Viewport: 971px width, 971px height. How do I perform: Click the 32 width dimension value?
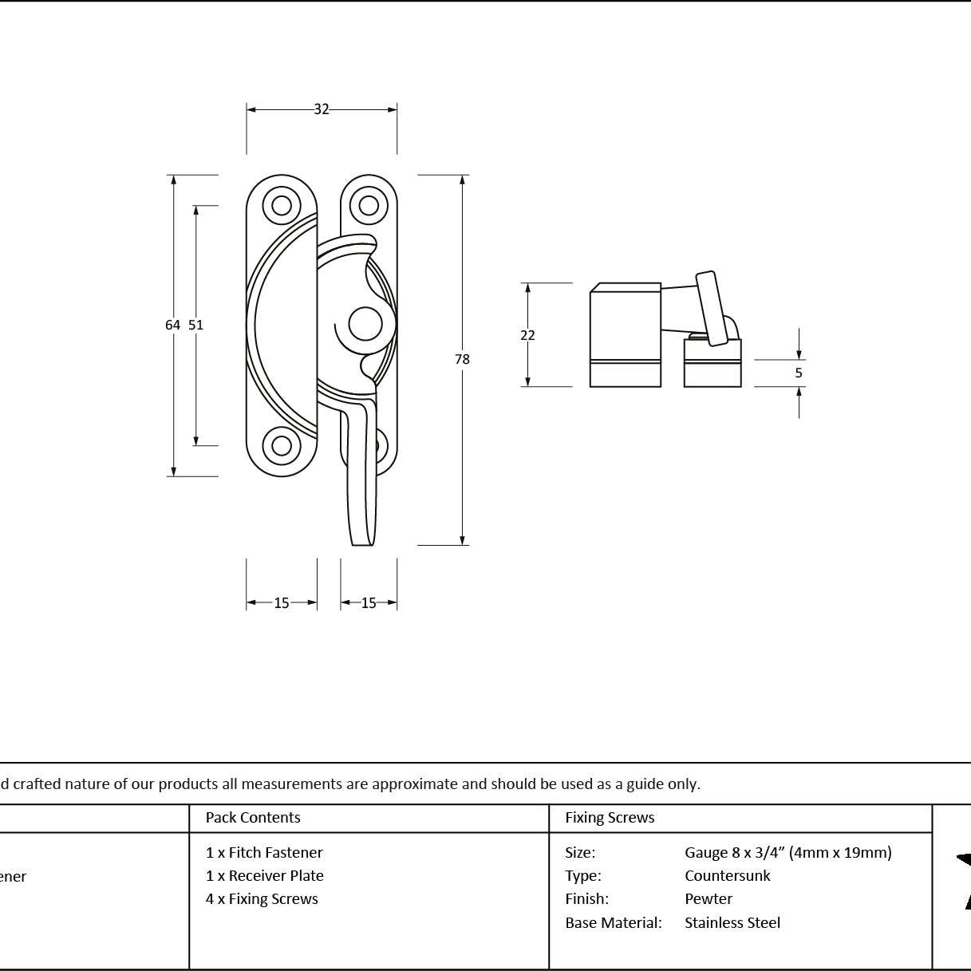(x=322, y=109)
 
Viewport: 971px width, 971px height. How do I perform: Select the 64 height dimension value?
(x=172, y=325)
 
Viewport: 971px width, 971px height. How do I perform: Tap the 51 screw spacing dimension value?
(x=196, y=325)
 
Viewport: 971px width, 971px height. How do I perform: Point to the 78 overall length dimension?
(x=462, y=359)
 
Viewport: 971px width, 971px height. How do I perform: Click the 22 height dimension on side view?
(x=527, y=335)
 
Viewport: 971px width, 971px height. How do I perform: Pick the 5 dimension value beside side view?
(x=799, y=373)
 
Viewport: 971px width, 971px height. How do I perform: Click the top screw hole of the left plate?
(x=282, y=206)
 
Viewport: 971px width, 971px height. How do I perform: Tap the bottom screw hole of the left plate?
(x=282, y=445)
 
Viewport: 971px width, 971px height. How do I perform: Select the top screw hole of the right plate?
(x=369, y=206)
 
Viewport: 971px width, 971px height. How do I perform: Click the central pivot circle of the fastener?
(x=365, y=324)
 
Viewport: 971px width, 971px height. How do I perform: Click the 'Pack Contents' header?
(x=253, y=817)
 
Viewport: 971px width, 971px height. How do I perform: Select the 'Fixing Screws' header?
(x=610, y=817)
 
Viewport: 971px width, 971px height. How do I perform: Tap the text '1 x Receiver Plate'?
(x=265, y=876)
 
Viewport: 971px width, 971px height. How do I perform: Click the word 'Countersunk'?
(x=728, y=876)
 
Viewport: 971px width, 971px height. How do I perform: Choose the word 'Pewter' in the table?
(x=709, y=899)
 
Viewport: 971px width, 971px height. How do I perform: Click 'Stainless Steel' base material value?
(x=732, y=922)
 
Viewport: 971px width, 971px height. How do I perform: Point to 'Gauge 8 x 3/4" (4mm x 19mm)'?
(x=788, y=853)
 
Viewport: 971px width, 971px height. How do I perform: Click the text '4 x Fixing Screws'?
(x=262, y=899)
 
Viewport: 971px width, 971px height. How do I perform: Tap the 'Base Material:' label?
(x=614, y=922)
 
